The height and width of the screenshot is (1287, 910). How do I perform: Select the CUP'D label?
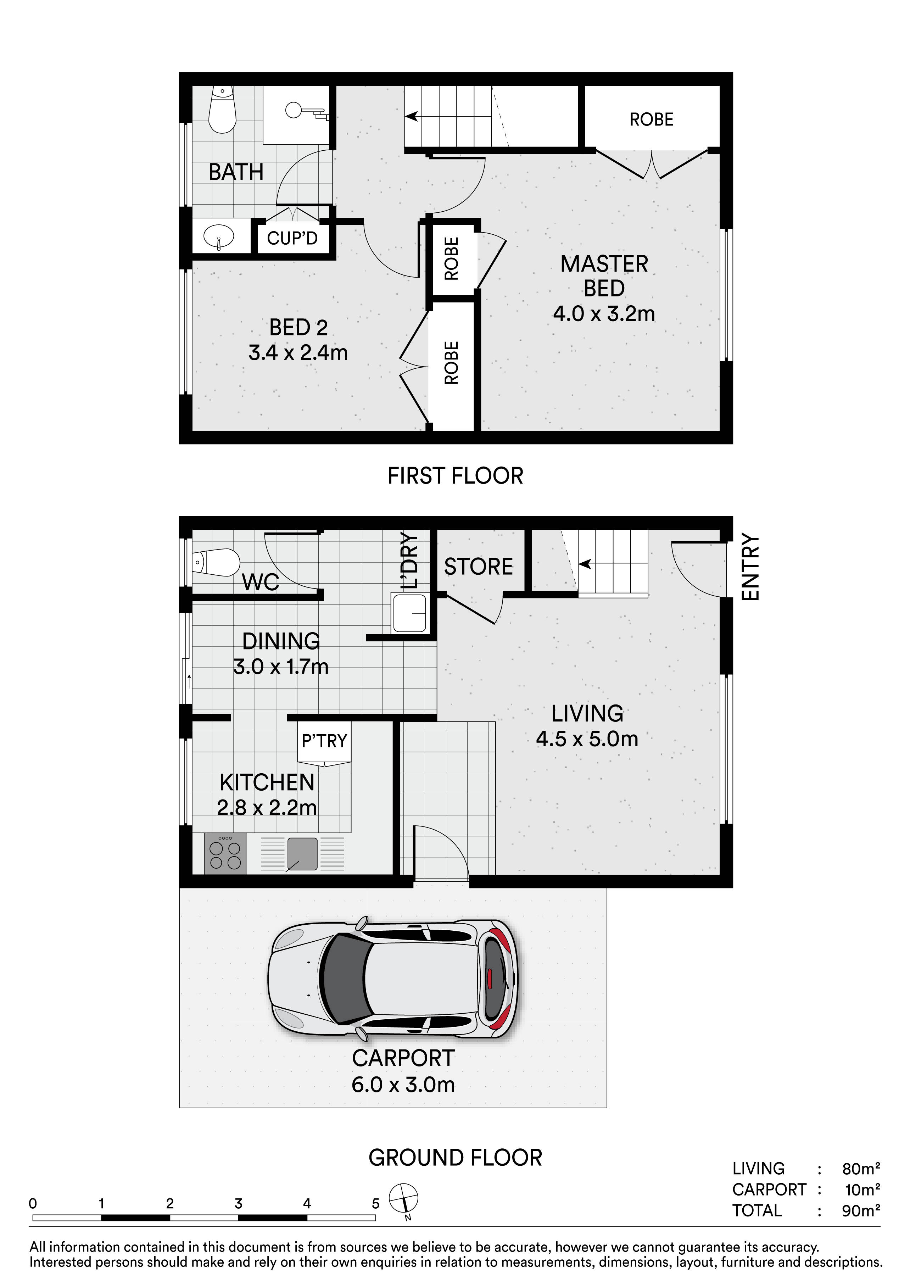[x=292, y=238]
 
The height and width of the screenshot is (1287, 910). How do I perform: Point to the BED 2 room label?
[x=298, y=327]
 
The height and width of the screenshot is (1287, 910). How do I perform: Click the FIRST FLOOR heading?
[x=455, y=476]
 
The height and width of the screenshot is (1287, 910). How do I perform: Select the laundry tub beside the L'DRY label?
[x=409, y=613]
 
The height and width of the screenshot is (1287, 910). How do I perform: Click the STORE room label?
[x=479, y=567]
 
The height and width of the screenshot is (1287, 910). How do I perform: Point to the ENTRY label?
[x=750, y=567]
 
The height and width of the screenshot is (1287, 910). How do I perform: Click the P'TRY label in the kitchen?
[x=324, y=741]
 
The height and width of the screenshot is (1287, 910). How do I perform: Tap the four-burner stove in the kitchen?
[x=225, y=853]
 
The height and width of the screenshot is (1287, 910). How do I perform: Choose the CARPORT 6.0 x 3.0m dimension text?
[x=403, y=1085]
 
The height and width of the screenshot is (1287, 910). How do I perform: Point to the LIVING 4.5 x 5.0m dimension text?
[x=587, y=739]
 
